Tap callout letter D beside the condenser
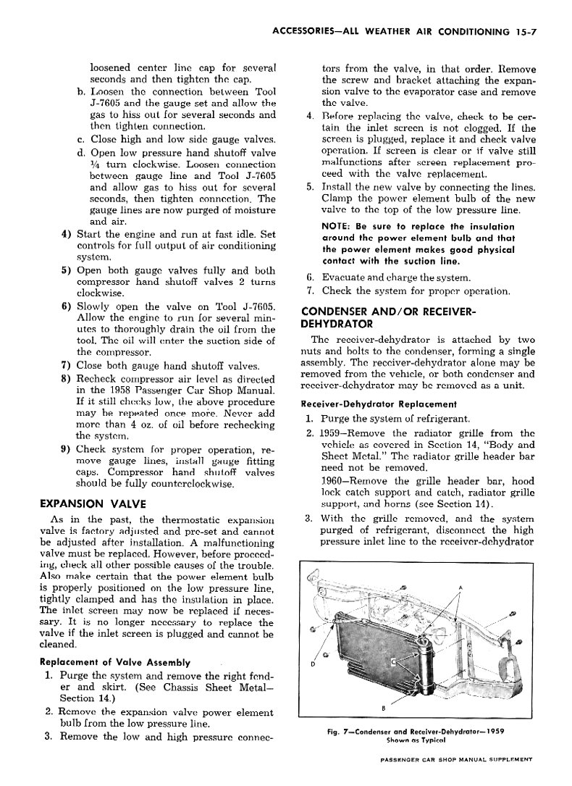click(314, 665)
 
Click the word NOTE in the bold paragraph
click(333, 227)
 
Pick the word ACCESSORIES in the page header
click(292, 31)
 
